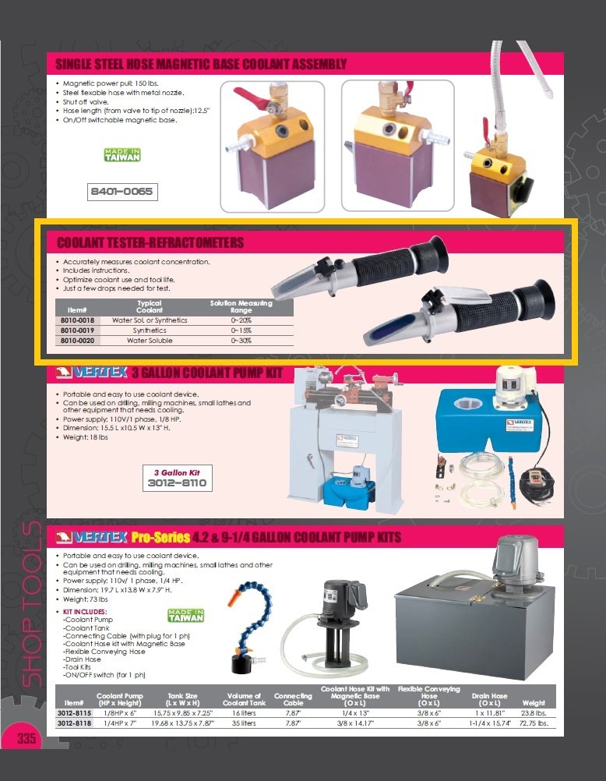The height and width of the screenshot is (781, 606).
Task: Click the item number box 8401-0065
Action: (x=122, y=191)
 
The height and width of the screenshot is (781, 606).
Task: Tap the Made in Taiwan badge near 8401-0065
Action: (x=122, y=154)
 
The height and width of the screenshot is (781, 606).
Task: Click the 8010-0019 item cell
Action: (x=77, y=330)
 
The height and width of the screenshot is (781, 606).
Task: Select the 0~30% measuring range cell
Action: (x=241, y=341)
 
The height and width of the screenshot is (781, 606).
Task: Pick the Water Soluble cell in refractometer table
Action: (x=150, y=341)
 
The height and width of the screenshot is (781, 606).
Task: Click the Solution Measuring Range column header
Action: (x=241, y=306)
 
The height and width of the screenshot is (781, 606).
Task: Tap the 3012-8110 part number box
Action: (x=177, y=479)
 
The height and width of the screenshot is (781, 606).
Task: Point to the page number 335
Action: (x=26, y=737)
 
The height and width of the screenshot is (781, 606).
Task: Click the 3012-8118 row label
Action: (x=74, y=723)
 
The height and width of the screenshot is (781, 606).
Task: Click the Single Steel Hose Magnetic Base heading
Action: (x=201, y=63)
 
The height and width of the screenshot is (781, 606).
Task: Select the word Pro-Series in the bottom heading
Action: (x=160, y=537)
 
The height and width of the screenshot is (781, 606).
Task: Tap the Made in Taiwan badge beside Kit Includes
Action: (x=186, y=616)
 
